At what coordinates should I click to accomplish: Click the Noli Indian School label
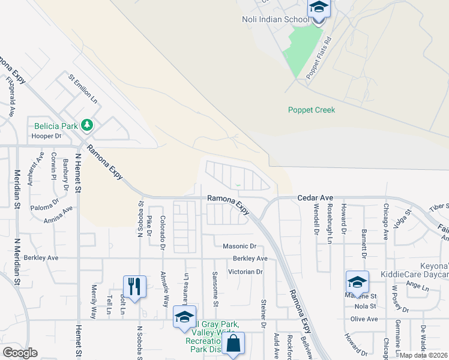coord(276,19)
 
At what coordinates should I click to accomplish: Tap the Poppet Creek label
coord(312,110)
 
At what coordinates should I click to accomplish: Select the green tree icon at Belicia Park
coord(88,125)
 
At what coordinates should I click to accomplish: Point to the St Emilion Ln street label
coord(83,88)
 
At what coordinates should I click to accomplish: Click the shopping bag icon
coord(234,344)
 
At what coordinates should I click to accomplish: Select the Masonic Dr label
coord(240,246)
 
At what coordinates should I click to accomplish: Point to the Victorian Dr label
coord(246,272)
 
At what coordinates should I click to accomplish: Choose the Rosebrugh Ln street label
coord(330,223)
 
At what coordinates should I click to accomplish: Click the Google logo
coord(20,353)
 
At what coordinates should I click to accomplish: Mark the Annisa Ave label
coord(58,214)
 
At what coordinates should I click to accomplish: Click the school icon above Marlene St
coord(357,281)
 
